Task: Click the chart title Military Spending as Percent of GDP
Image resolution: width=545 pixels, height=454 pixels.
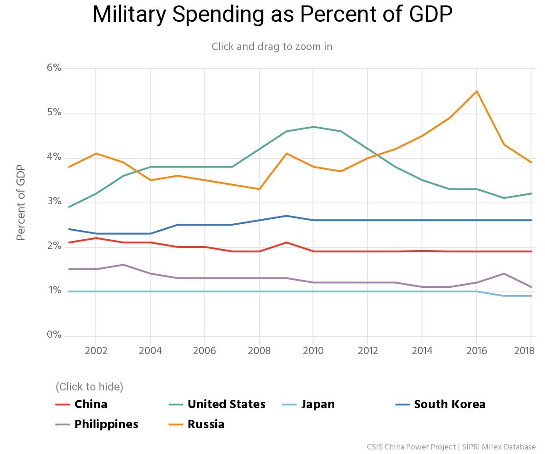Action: [x=272, y=15]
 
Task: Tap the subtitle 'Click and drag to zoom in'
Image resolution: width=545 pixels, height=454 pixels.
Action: [x=272, y=47]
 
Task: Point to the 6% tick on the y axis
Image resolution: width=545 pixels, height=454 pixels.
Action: [x=54, y=68]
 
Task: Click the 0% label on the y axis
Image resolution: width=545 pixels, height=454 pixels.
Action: [x=54, y=335]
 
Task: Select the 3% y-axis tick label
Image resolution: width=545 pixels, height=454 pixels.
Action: [x=54, y=201]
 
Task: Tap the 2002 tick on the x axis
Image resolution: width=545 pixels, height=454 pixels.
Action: [x=96, y=350]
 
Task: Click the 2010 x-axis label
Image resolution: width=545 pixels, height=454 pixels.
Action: [x=313, y=350]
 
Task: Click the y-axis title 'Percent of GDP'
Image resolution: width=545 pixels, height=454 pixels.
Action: [x=20, y=202]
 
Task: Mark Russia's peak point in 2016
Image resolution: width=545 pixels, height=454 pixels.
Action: [x=476, y=91]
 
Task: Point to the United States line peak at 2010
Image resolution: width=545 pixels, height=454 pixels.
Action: [x=313, y=127]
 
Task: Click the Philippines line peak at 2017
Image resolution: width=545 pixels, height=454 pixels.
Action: [x=504, y=274]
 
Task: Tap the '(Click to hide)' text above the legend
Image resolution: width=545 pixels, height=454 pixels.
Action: [x=89, y=387]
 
